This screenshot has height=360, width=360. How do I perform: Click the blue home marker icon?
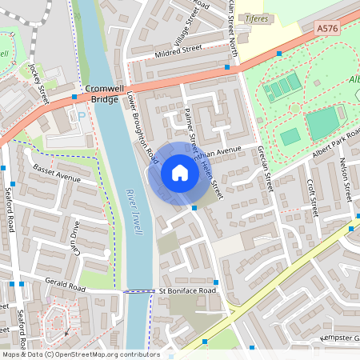pyautogui.click(x=180, y=173)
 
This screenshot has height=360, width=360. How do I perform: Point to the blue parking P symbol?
pyautogui.click(x=81, y=116)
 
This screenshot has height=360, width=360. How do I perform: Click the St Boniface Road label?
pyautogui.click(x=188, y=290)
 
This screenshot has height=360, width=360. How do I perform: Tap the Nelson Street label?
pyautogui.click(x=347, y=181)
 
